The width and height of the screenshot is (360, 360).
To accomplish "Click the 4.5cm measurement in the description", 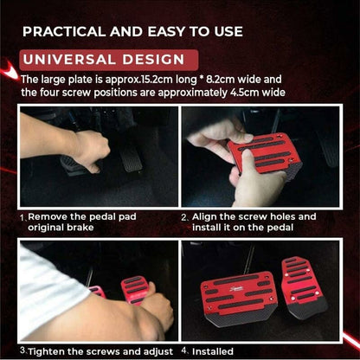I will [x=253, y=92].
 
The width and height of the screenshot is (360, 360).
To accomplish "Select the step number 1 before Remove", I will [x=22, y=216].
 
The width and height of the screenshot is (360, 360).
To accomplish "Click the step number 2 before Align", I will [x=184, y=216].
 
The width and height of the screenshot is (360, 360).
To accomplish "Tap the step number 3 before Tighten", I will [x=22, y=350].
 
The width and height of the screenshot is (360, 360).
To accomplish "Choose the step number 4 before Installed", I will [x=184, y=350].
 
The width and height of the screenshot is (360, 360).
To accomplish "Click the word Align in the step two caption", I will [x=210, y=216].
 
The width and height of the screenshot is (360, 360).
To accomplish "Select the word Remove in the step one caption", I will [x=50, y=216].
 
